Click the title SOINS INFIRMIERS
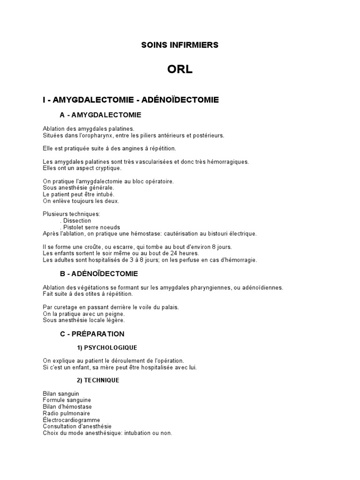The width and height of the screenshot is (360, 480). tap(180, 45)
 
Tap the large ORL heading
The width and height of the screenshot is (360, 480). tap(180, 70)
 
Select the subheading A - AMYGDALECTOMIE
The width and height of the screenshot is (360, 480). tap(100, 115)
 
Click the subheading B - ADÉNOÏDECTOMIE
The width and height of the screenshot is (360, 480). tap(99, 273)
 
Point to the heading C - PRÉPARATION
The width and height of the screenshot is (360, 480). tap(92, 334)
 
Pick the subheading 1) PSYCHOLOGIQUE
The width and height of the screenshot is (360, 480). tap(107, 347)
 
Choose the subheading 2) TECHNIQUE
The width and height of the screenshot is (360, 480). tap(98, 380)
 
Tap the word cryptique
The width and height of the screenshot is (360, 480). tap(107, 168)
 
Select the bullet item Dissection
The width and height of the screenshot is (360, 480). tap(77, 220)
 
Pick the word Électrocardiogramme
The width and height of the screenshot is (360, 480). tap(71, 420)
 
